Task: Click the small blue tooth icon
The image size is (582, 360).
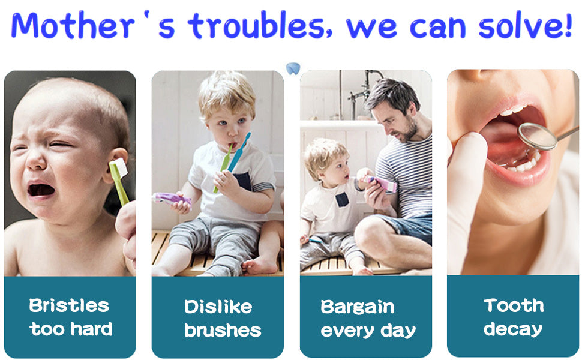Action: pyautogui.click(x=293, y=68)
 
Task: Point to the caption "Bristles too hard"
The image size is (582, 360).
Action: pyautogui.click(x=70, y=317)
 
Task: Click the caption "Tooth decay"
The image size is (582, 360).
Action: pyautogui.click(x=513, y=317)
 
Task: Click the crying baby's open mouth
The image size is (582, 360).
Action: pyautogui.click(x=41, y=190)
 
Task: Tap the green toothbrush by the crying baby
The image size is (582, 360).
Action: pyautogui.click(x=118, y=180)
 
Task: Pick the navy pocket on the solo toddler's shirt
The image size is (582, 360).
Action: pyautogui.click(x=242, y=181)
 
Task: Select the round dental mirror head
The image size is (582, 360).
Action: pyautogui.click(x=538, y=136)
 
